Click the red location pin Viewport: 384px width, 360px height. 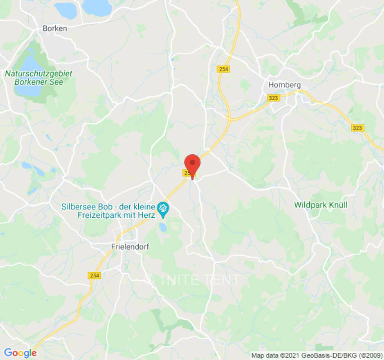(193, 163)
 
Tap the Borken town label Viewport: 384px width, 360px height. (54, 28)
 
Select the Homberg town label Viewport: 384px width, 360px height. (284, 85)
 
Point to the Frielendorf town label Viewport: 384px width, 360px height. (130, 247)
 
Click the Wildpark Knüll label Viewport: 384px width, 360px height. (321, 205)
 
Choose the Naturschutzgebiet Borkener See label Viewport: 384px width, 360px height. (39, 77)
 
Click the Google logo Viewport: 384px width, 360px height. (20, 353)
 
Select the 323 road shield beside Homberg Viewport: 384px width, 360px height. (273, 98)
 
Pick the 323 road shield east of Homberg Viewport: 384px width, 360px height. (357, 128)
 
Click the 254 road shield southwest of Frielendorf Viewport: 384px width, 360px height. (95, 275)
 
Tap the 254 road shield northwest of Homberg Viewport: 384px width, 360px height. (223, 69)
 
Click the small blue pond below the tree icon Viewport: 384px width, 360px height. (163, 227)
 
